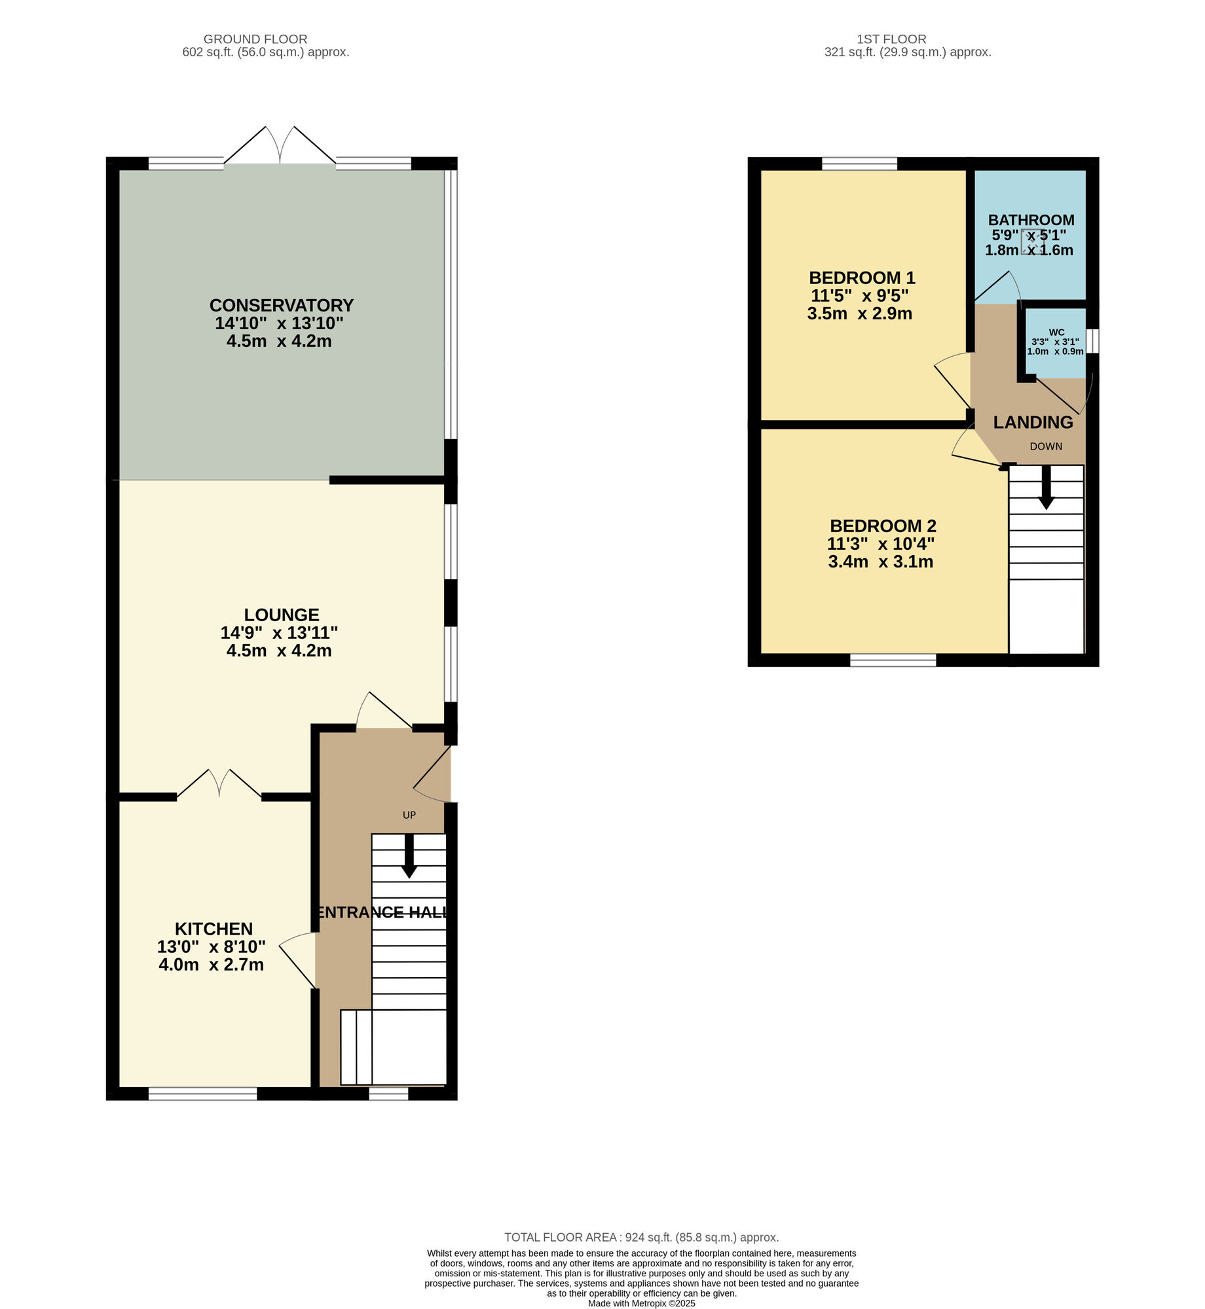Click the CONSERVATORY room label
(281, 306)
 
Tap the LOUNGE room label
(282, 615)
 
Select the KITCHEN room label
(213, 929)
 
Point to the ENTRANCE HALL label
(382, 912)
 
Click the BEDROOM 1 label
(862, 278)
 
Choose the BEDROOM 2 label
(883, 526)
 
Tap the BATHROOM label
(1031, 220)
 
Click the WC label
(1056, 332)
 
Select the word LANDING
(1033, 423)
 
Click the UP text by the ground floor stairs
(409, 815)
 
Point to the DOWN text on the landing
(1046, 446)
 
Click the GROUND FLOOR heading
(255, 39)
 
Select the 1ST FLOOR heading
(891, 39)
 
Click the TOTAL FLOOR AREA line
(641, 1237)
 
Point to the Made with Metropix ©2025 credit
(641, 1302)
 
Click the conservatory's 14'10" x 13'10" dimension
(279, 323)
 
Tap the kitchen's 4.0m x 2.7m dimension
(211, 965)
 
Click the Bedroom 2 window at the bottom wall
(893, 660)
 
